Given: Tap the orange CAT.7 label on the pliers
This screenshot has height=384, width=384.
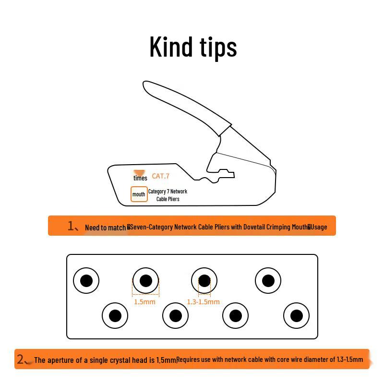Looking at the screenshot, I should (160, 176).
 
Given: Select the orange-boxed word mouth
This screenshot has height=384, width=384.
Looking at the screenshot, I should (139, 194).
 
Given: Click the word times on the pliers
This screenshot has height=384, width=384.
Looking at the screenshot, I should (140, 178).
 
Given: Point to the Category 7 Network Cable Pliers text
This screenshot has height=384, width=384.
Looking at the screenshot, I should (168, 195).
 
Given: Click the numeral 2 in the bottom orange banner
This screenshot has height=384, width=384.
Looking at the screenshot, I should (20, 359).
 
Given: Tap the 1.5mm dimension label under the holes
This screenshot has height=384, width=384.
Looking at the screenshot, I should (144, 302).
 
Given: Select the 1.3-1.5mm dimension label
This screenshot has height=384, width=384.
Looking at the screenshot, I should (203, 302).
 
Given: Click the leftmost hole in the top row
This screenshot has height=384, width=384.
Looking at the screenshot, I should (86, 281).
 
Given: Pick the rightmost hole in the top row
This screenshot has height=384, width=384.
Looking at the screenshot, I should (268, 281).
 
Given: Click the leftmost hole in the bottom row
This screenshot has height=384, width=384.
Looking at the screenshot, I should (115, 316).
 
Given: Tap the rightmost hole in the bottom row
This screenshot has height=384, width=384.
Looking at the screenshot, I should (296, 316).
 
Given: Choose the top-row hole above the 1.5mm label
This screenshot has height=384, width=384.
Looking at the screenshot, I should (145, 281).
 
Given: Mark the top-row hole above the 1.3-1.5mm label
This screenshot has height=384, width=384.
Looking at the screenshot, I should (204, 281).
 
